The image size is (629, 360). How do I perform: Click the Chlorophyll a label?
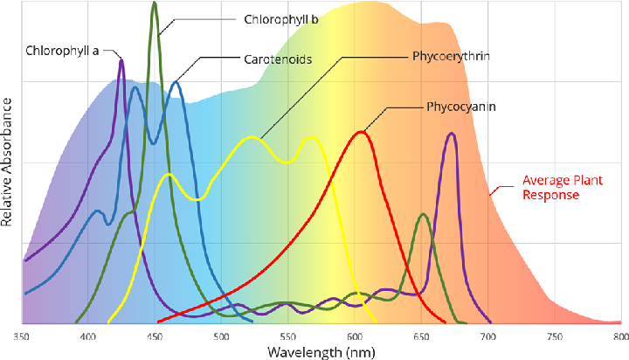[64, 51]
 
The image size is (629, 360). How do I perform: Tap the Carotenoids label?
[278, 59]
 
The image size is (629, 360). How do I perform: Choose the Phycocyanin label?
[461, 107]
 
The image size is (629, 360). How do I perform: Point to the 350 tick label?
[22, 336]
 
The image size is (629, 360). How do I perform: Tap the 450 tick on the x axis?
[155, 336]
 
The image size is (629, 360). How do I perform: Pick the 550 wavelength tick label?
[288, 336]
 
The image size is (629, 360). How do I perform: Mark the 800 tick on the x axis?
[619, 336]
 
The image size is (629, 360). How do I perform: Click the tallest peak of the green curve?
[155, 3]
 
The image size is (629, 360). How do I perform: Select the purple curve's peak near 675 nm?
[451, 133]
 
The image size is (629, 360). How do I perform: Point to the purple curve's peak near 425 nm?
[121, 59]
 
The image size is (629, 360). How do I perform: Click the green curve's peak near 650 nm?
[424, 213]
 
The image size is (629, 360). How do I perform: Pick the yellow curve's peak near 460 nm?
[169, 175]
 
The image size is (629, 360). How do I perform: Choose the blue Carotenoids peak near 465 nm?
[176, 82]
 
